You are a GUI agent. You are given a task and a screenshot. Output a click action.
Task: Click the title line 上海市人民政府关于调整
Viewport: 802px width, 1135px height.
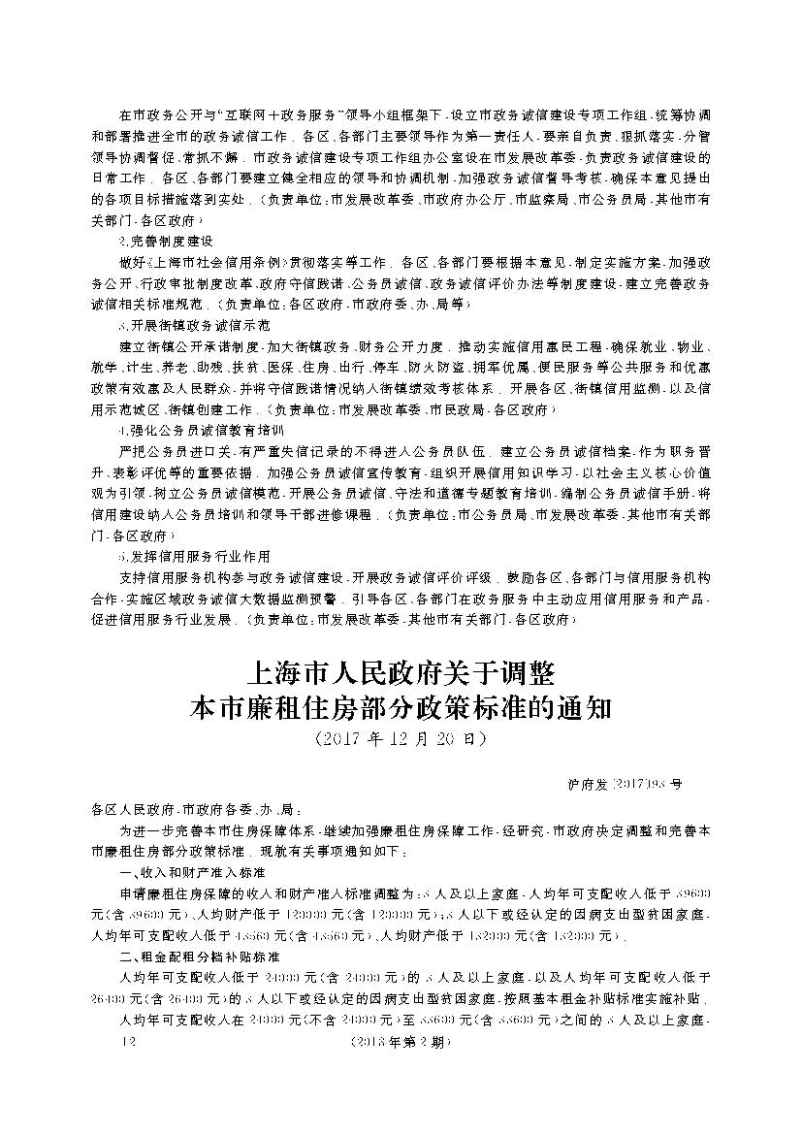[x=401, y=672]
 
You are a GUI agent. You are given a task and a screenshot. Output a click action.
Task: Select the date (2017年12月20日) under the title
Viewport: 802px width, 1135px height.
[x=401, y=739]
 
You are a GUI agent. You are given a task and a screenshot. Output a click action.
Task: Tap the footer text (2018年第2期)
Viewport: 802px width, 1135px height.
[x=401, y=1043]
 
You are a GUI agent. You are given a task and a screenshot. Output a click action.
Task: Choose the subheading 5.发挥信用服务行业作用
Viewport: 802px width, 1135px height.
[x=194, y=557]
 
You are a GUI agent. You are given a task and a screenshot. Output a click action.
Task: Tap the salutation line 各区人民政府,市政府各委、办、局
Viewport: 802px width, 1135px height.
[x=197, y=807]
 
